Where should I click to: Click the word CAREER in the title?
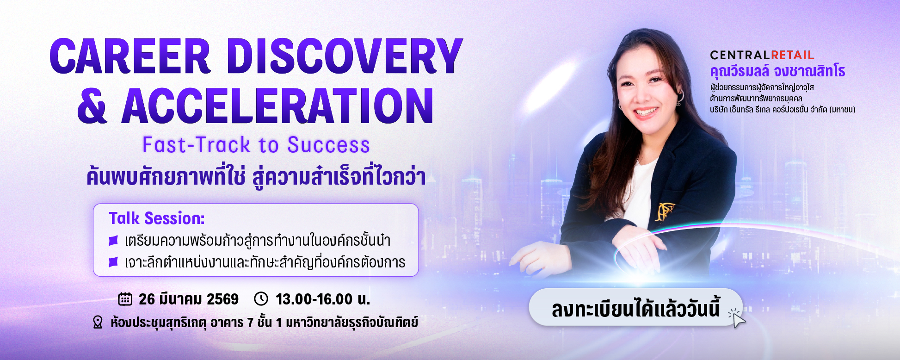coord(130,56)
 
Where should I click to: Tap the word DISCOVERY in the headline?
coord(345,56)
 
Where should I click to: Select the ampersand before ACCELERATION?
coord(92,106)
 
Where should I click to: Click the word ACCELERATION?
coord(277,106)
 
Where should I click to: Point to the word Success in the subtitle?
coord(329,145)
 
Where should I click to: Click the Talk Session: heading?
coord(157,218)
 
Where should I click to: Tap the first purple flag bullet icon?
coord(113,241)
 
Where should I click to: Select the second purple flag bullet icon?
coord(113,262)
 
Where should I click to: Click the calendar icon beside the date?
coord(125,299)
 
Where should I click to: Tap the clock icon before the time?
coord(261,299)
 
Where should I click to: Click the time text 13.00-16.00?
coord(314,299)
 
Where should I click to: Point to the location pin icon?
coord(98,322)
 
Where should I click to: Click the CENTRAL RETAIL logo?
coord(762,56)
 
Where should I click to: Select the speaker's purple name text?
coord(777,71)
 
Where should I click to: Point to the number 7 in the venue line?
coord(250,323)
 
